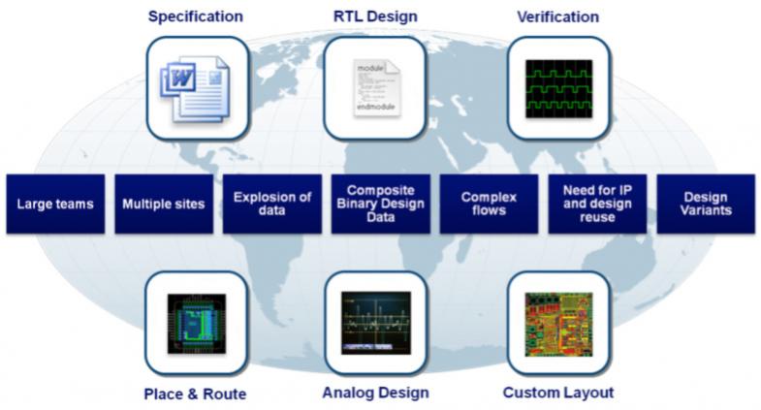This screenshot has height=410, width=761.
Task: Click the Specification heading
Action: (196, 16)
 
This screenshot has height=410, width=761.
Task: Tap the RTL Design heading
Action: (375, 16)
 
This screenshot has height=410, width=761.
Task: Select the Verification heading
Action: (557, 17)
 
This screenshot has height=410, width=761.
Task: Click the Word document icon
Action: (195, 89)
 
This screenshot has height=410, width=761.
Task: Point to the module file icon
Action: (376, 88)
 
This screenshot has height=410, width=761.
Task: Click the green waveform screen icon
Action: (559, 89)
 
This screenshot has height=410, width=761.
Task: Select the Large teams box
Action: (55, 204)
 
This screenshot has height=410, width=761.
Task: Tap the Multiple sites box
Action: (164, 204)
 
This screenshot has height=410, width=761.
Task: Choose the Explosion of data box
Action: (272, 204)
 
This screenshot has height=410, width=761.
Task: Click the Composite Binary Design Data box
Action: (380, 204)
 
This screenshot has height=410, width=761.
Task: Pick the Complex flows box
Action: (489, 204)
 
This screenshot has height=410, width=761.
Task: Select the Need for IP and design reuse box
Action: (597, 204)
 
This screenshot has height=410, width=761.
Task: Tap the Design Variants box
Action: (706, 204)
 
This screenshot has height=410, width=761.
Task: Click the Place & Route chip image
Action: (197, 324)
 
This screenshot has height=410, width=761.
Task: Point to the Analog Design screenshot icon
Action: (376, 323)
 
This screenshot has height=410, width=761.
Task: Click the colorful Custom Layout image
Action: (559, 324)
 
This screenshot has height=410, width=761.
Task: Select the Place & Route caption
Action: (195, 394)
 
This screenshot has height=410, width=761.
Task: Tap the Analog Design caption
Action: (375, 393)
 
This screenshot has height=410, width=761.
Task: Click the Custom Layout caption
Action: (558, 393)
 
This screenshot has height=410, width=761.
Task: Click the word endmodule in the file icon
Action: (376, 107)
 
